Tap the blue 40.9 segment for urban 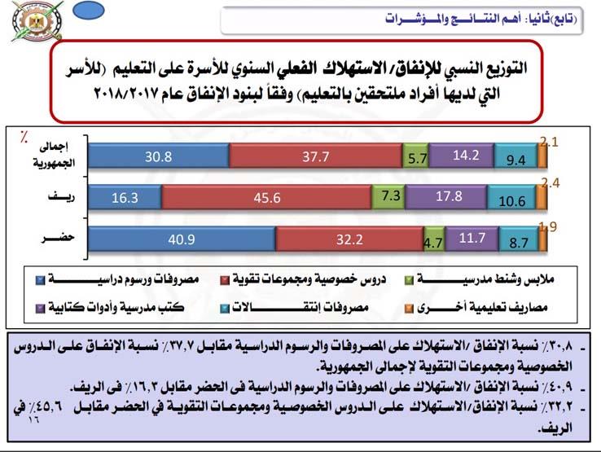click(x=182, y=239)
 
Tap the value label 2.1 click(x=547, y=143)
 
